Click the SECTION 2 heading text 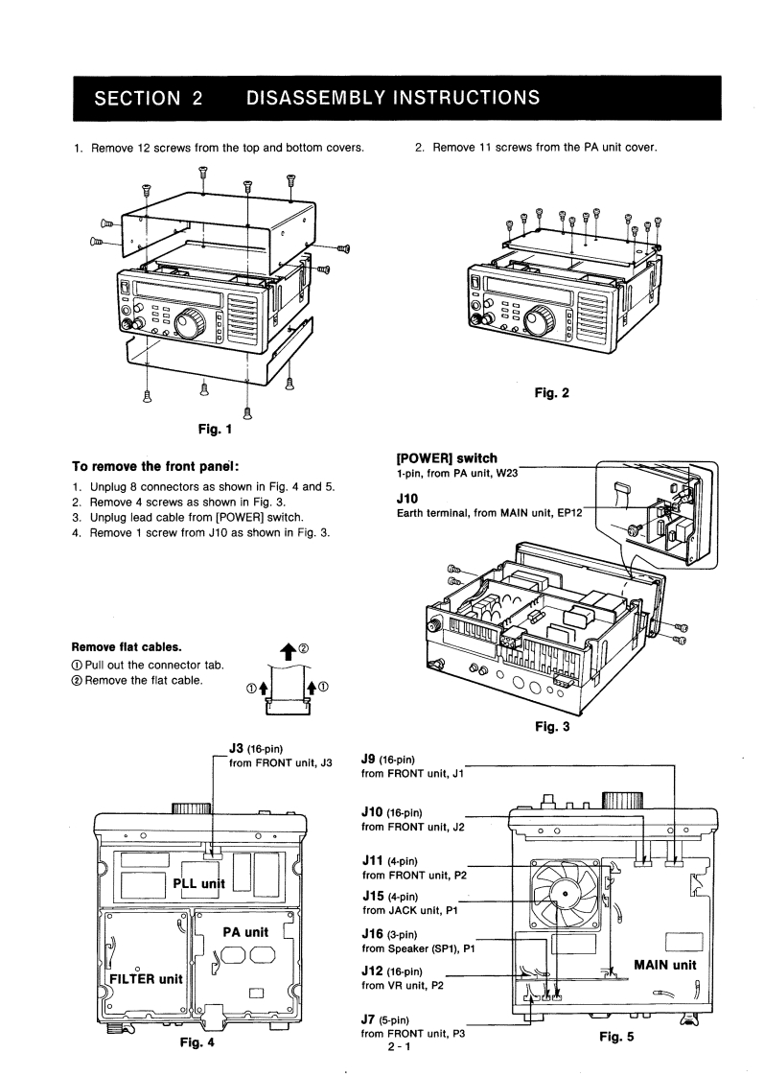coord(149,98)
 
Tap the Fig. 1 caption coord(216,429)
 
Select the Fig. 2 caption coord(552,393)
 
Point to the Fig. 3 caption coord(553,727)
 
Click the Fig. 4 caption coord(197,1042)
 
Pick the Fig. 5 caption coord(616,1037)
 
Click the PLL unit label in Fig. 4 coord(198,884)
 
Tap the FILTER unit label coord(146,979)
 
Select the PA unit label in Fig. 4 coord(245,932)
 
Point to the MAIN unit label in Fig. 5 coord(664,966)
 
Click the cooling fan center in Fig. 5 coord(564,894)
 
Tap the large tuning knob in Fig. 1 coord(190,322)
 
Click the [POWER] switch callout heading coord(447,458)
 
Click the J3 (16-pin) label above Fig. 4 coord(256,749)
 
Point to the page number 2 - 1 coord(399,1048)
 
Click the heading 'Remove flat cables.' coord(127,647)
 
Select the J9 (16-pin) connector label coord(387,760)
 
